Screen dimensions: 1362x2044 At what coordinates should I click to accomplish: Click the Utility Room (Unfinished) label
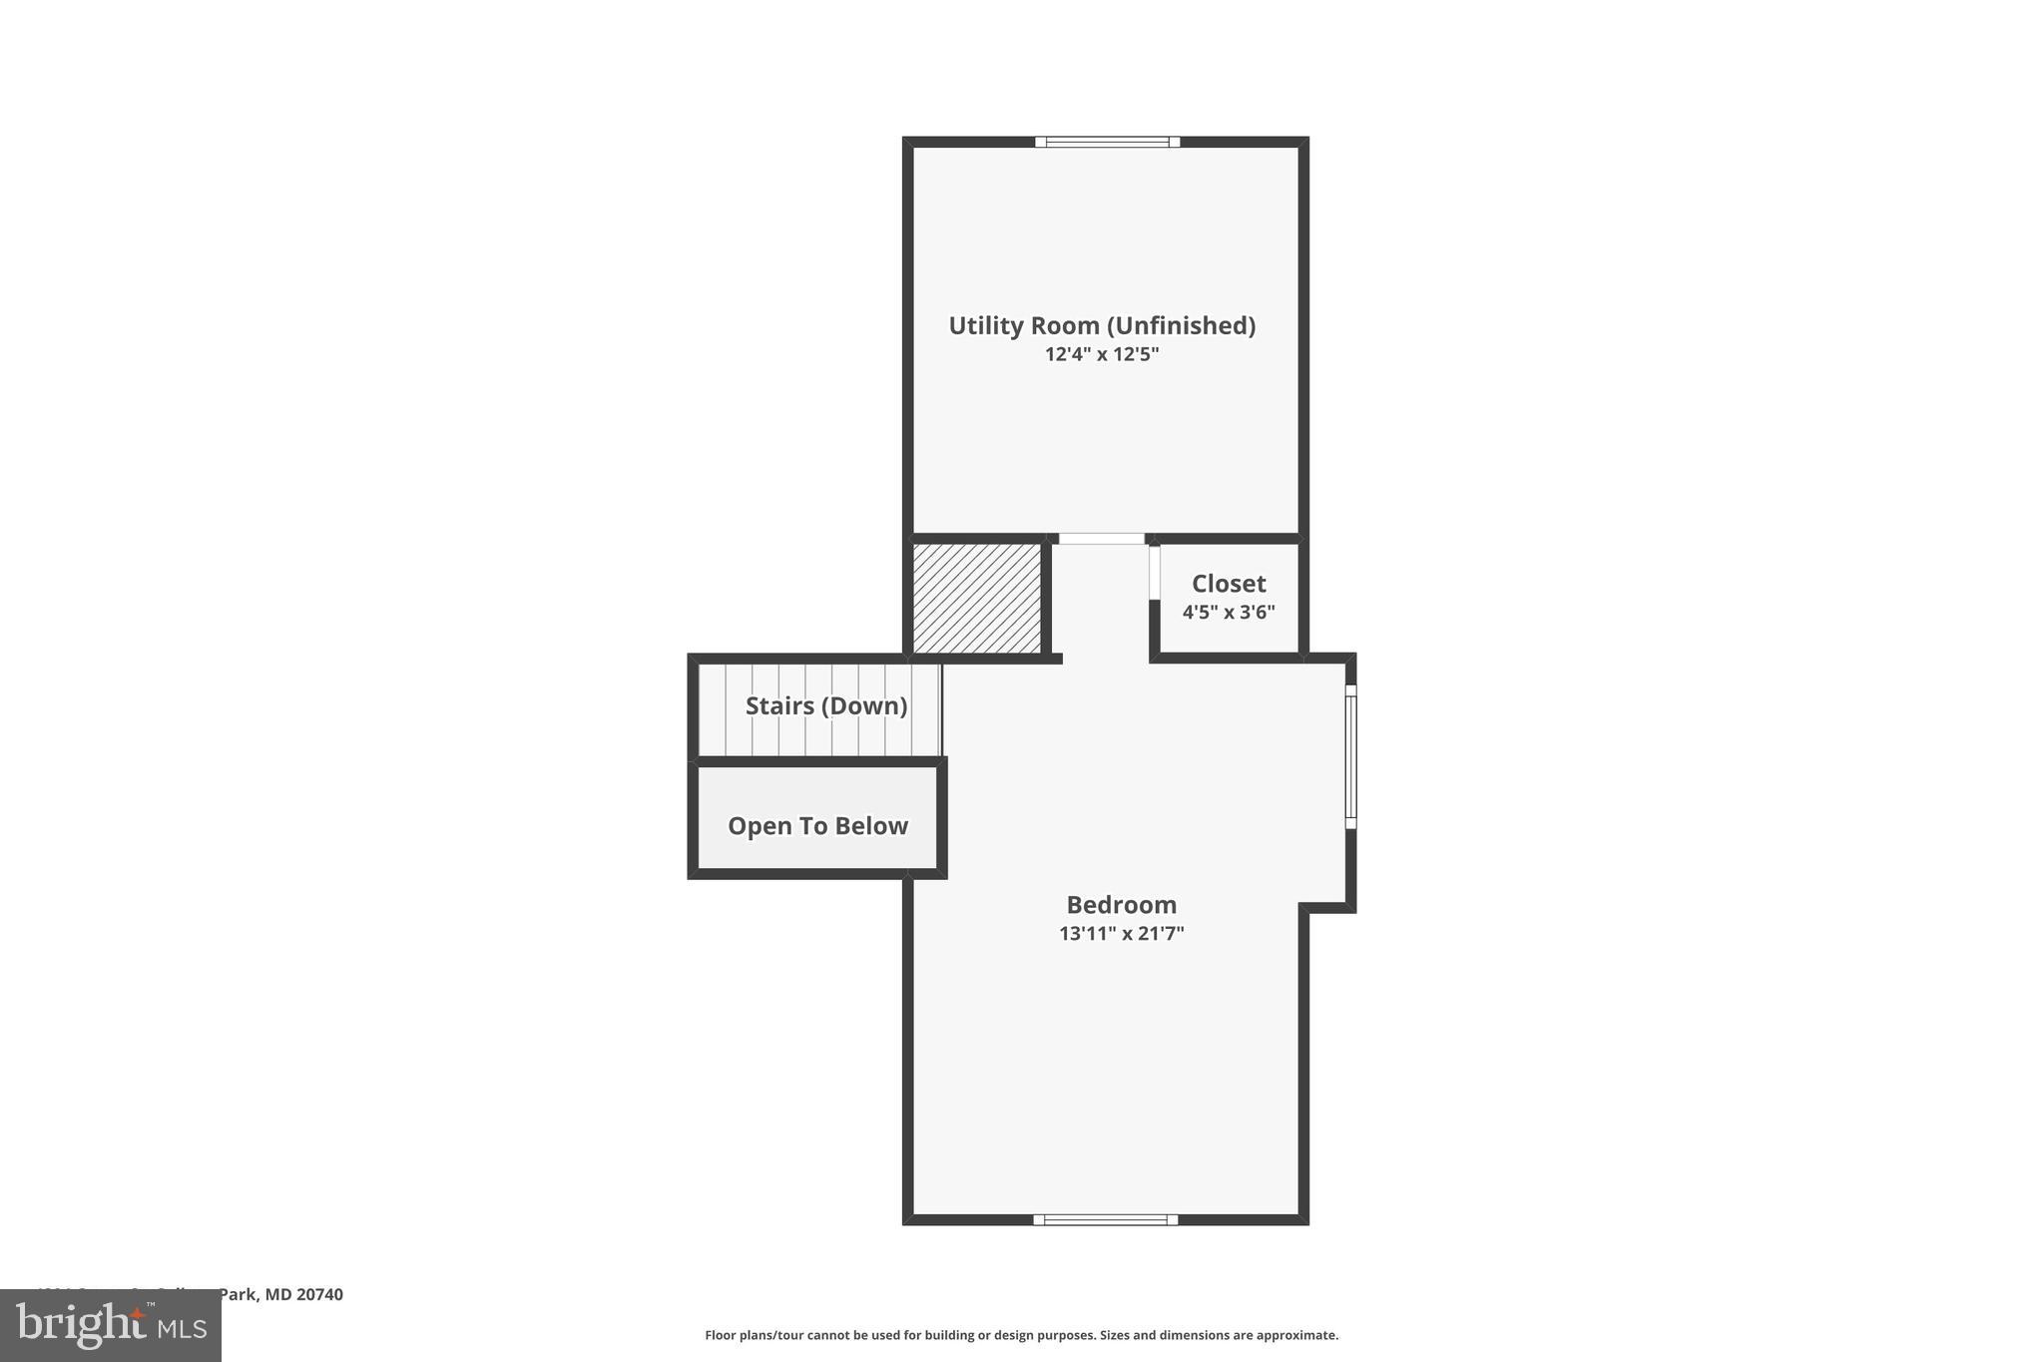[x=1101, y=325]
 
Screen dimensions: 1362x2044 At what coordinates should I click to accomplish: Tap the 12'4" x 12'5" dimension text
[x=1101, y=354]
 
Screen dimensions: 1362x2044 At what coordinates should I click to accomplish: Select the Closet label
[x=1228, y=584]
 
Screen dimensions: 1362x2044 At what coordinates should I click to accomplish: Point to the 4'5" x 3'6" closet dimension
[x=1228, y=612]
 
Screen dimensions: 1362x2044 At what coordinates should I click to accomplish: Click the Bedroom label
[x=1121, y=905]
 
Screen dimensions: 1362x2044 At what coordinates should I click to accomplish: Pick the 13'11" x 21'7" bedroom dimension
[x=1121, y=934]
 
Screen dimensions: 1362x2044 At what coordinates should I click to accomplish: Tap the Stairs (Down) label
[x=825, y=706]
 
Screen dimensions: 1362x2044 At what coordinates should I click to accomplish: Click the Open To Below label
[x=817, y=826]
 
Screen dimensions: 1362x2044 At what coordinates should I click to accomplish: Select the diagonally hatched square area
[x=976, y=598]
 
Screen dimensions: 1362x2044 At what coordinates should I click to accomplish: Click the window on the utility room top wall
[x=1107, y=142]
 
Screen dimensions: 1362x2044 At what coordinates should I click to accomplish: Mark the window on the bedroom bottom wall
[x=1105, y=1219]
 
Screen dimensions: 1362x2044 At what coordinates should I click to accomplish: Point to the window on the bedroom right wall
[x=1350, y=755]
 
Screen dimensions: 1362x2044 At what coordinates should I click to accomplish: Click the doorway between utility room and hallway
[x=1101, y=539]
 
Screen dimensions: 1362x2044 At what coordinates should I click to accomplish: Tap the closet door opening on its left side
[x=1154, y=572]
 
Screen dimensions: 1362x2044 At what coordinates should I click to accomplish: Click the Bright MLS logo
[x=111, y=1325]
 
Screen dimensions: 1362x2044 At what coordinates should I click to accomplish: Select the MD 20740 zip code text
[x=303, y=1294]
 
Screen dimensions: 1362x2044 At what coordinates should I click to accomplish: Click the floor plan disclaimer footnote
[x=1021, y=1335]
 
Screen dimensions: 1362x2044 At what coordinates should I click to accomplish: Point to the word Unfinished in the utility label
[x=1186, y=325]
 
